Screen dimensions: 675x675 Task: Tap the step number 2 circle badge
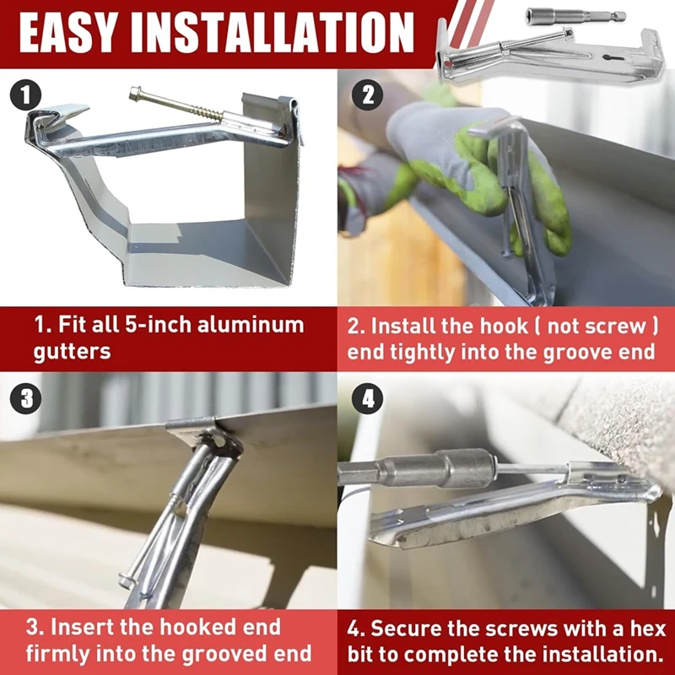tap(367, 95)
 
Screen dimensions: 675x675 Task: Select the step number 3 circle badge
tap(26, 398)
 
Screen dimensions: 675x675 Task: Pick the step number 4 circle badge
tap(367, 398)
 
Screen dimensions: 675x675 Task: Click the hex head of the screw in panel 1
tap(136, 92)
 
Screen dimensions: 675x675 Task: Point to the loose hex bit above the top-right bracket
tap(575, 16)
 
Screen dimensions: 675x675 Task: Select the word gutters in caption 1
tap(72, 351)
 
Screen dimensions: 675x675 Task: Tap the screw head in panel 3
tap(126, 580)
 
